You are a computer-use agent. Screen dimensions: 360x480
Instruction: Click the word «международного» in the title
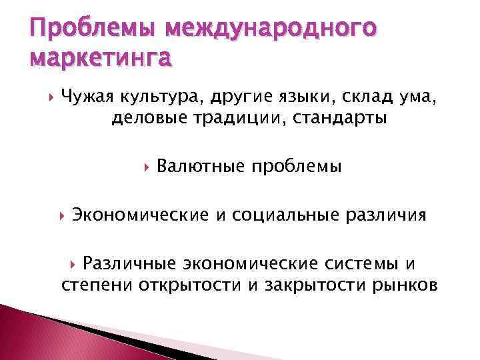pos(272,29)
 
